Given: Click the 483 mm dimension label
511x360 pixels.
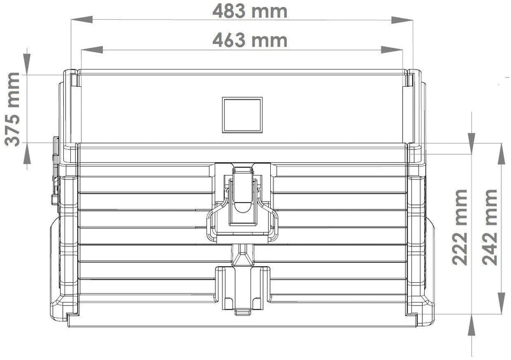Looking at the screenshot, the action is (x=250, y=11).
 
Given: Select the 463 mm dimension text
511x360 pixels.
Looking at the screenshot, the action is (x=250, y=40).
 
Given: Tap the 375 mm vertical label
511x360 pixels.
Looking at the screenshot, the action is (x=13, y=109).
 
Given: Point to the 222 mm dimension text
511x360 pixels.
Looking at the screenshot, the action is (x=460, y=227).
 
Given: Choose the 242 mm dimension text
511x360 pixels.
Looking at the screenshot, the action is (x=490, y=227).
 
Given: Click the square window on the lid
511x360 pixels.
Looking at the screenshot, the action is (x=242, y=115).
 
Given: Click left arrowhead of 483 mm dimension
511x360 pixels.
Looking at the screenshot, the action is (x=82, y=20).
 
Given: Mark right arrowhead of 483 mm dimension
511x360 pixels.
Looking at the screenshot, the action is (x=402, y=20).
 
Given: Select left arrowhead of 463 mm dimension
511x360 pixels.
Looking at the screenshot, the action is (x=92, y=50).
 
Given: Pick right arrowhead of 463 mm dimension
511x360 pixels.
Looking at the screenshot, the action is (x=392, y=50).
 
